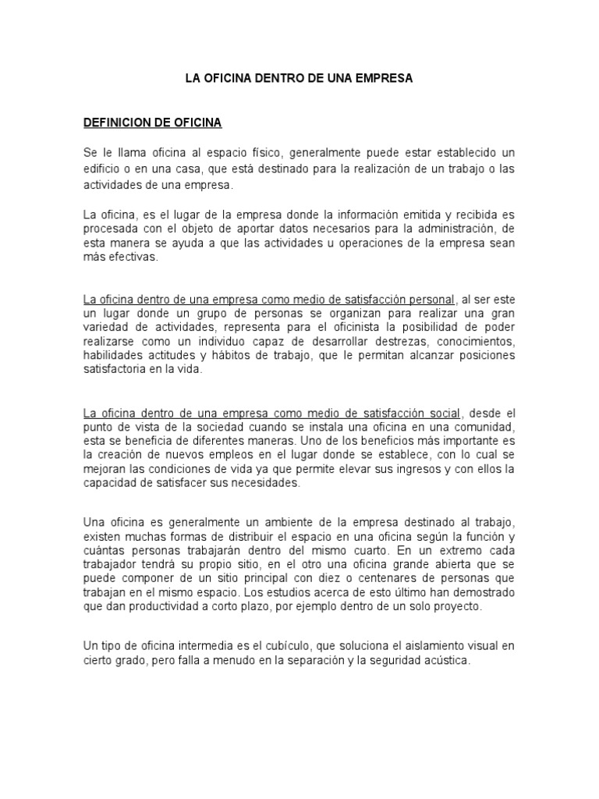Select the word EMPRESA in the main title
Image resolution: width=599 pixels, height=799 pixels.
click(x=382, y=79)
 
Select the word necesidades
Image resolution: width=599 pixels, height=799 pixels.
click(x=261, y=483)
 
